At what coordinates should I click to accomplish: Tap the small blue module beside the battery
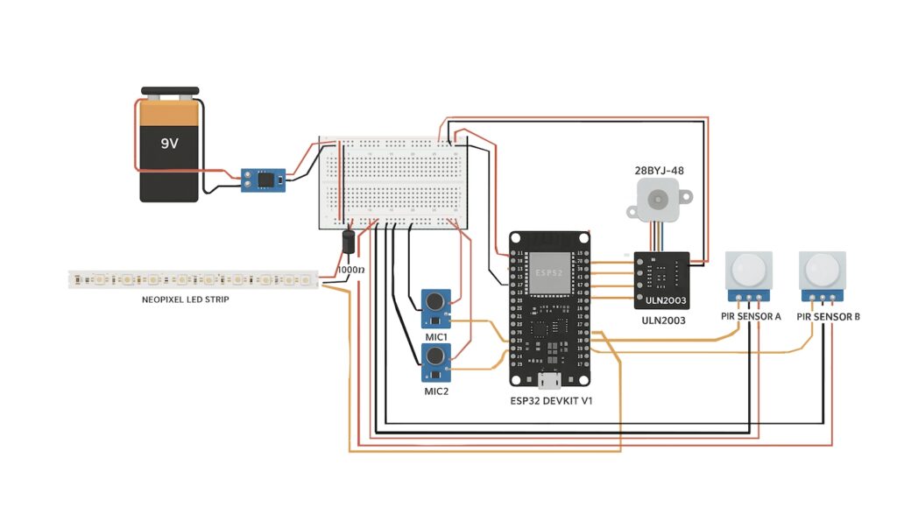pos(264,180)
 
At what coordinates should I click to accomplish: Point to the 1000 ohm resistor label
pos(350,271)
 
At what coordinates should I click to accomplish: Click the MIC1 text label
pos(436,337)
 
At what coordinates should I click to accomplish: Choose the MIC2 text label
pos(436,391)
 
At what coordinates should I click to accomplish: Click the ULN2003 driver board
pos(660,279)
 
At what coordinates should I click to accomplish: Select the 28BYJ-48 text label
pos(659,170)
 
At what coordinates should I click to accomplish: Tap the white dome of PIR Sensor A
pos(750,266)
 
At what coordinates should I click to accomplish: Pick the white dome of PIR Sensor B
pos(823,266)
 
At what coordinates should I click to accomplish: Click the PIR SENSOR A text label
pos(751,315)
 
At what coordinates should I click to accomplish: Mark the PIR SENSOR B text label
pos(828,315)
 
